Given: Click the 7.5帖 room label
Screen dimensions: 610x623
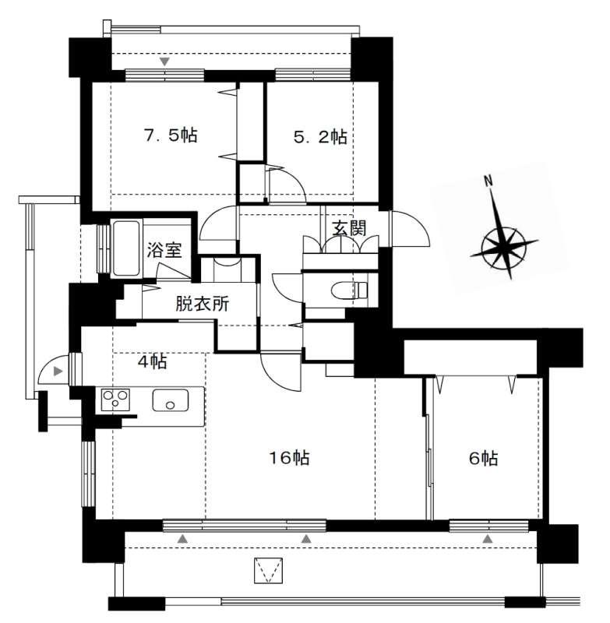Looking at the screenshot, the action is (171, 136).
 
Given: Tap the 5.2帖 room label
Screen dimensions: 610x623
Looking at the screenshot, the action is (320, 137).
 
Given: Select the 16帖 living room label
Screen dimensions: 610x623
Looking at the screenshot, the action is (290, 458).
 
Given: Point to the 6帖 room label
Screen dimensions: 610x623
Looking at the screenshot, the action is (483, 459).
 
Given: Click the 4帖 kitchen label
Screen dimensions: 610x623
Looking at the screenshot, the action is (152, 362).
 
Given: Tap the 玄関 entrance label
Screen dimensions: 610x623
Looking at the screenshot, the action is (349, 228).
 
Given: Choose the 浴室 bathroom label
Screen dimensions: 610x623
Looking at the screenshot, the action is (164, 250).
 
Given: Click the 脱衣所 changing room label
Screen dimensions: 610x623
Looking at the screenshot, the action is (203, 304).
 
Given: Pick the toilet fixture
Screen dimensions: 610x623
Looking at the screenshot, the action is (349, 290).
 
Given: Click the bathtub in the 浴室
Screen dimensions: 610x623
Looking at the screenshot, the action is (127, 248).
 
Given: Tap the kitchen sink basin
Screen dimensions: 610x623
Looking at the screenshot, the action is (170, 400).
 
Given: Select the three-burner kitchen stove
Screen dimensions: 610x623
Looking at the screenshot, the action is (115, 399).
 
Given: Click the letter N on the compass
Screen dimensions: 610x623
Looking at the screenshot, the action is (488, 181).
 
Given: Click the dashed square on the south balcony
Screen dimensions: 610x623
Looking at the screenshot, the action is (268, 571).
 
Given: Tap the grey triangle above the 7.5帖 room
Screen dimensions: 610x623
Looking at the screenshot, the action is (165, 62).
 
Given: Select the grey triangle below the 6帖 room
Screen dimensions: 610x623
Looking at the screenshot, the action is (488, 539).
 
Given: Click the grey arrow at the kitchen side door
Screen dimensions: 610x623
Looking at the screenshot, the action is (58, 371).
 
